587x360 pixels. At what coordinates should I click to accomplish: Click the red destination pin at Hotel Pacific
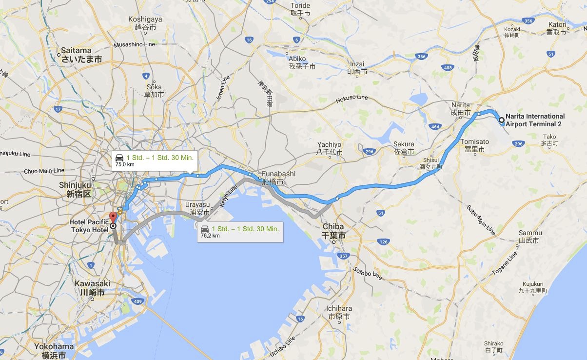pos(112,217)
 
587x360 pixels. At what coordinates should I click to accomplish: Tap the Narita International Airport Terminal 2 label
pos(535,120)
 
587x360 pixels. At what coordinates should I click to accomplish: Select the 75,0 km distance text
pos(124,165)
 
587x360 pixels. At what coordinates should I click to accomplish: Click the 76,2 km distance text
pos(210,236)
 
